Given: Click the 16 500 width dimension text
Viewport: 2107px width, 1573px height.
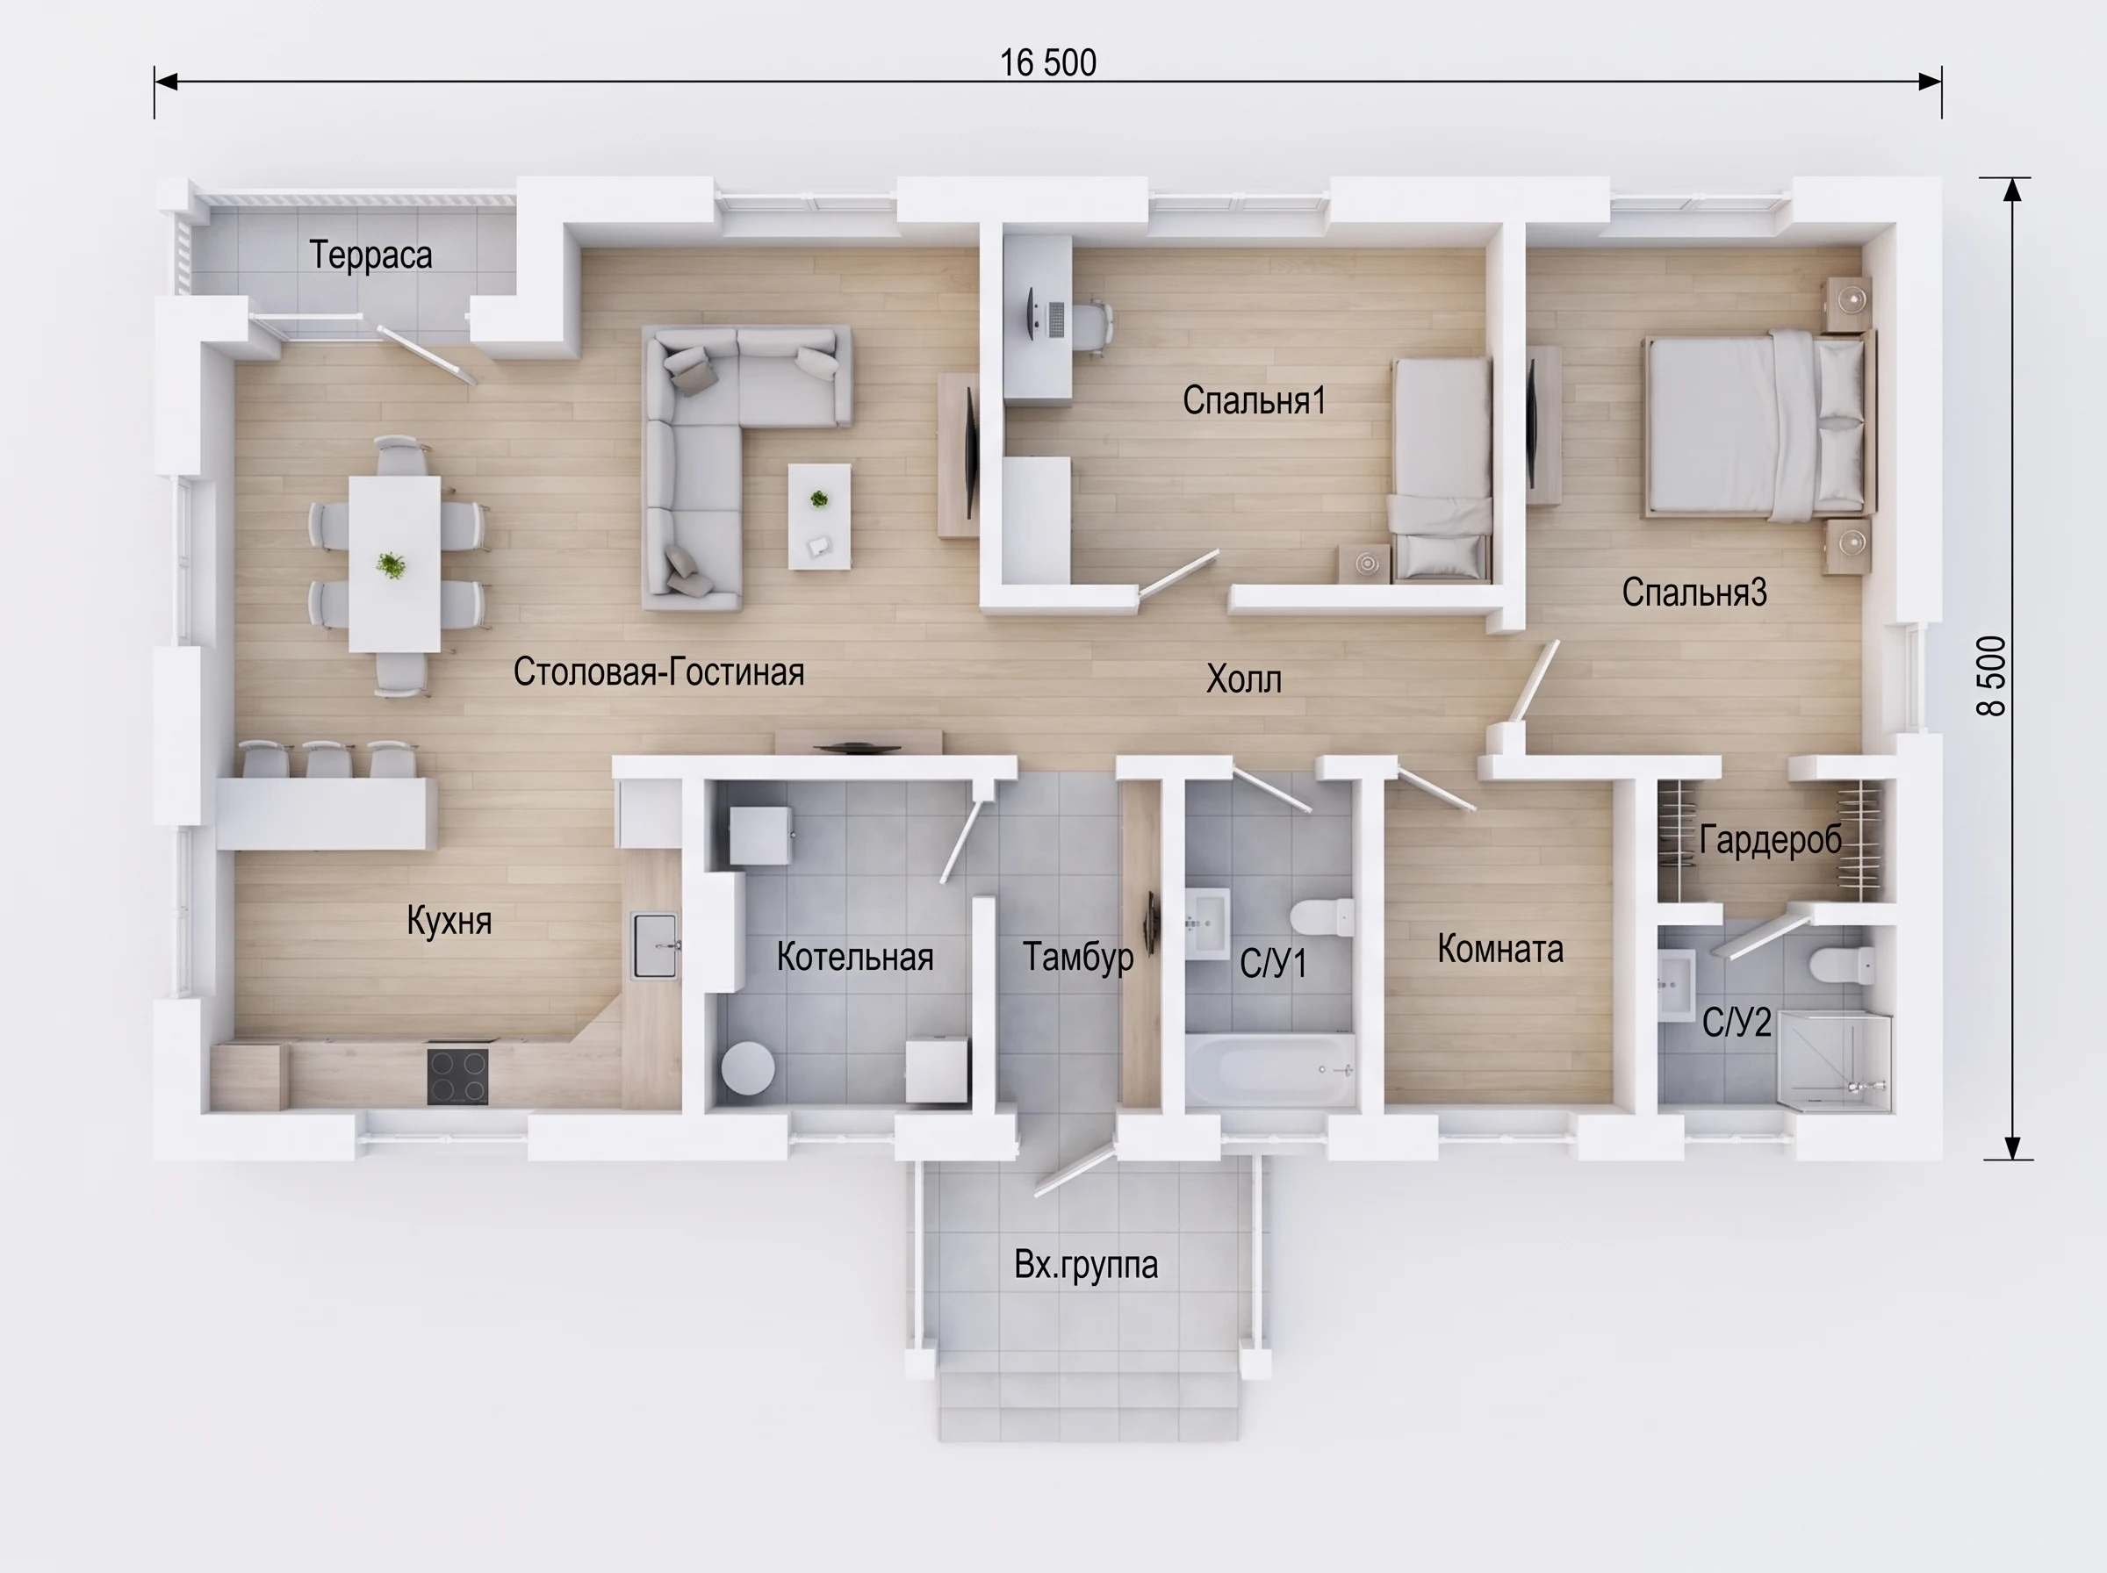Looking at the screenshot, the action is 1047,63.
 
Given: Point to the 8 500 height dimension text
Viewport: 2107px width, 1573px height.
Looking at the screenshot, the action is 1991,676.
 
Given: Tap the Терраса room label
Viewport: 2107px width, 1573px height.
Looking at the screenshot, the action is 370,255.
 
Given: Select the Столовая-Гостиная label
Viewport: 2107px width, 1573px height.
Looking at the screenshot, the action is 658,672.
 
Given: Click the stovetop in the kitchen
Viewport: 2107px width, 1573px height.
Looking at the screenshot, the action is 458,1075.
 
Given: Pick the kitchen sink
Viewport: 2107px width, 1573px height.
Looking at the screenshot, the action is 655,945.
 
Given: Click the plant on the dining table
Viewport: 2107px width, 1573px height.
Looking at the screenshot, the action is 391,564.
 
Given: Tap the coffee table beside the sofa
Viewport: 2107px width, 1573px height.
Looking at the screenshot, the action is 819,516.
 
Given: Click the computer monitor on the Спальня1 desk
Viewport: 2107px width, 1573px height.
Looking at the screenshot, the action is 1033,312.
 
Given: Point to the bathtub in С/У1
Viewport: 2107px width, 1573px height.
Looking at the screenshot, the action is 1271,1070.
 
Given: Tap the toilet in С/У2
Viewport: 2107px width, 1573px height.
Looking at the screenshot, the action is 1843,966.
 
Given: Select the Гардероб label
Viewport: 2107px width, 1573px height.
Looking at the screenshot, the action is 1771,840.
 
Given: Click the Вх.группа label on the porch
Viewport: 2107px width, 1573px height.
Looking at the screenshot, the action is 1086,1266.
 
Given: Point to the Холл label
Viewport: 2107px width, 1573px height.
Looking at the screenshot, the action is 1243,679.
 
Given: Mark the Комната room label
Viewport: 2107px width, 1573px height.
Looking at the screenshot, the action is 1500,949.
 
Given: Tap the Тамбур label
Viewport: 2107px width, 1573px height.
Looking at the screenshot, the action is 1079,957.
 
